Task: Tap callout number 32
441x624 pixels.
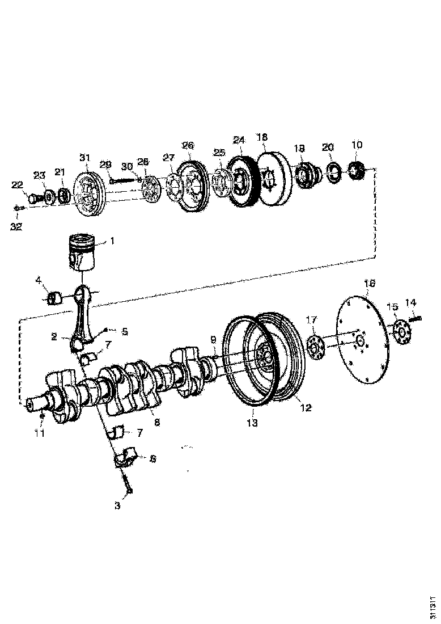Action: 16,227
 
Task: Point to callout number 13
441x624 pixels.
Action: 252,423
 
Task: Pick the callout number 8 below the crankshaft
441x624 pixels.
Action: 157,422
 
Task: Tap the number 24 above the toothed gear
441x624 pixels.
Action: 239,140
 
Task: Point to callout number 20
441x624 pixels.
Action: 328,147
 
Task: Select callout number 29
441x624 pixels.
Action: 105,164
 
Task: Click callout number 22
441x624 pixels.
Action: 18,185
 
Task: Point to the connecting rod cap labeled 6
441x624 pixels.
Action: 126,457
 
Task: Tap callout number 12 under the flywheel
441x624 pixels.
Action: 306,407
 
